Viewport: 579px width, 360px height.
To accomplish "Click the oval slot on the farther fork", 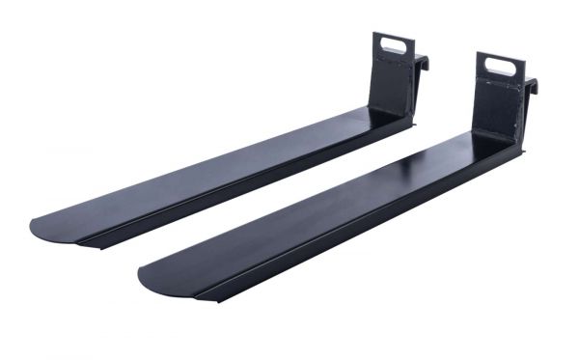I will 393,43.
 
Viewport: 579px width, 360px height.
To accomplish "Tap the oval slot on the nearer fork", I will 503,67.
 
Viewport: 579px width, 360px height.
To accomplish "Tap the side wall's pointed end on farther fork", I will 87,244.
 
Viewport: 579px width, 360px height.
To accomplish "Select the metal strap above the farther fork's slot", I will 394,36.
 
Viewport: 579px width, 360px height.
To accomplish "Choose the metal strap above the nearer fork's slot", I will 503,58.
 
